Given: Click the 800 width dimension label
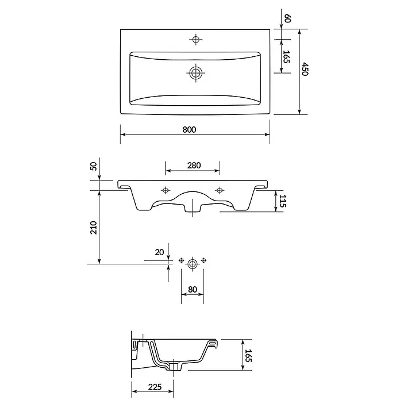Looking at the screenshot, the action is point(189,129).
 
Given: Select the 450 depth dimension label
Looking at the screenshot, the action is point(305,68).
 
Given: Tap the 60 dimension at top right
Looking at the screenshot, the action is point(287,18).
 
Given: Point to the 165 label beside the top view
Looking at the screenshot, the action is point(286,57).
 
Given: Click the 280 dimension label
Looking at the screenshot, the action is point(194,166).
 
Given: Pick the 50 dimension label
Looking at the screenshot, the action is point(94,166).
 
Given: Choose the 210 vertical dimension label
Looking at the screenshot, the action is point(94,228).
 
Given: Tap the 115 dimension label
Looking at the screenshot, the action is point(283,201).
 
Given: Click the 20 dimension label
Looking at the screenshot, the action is point(159,252).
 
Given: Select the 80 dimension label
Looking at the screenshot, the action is point(193,289).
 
